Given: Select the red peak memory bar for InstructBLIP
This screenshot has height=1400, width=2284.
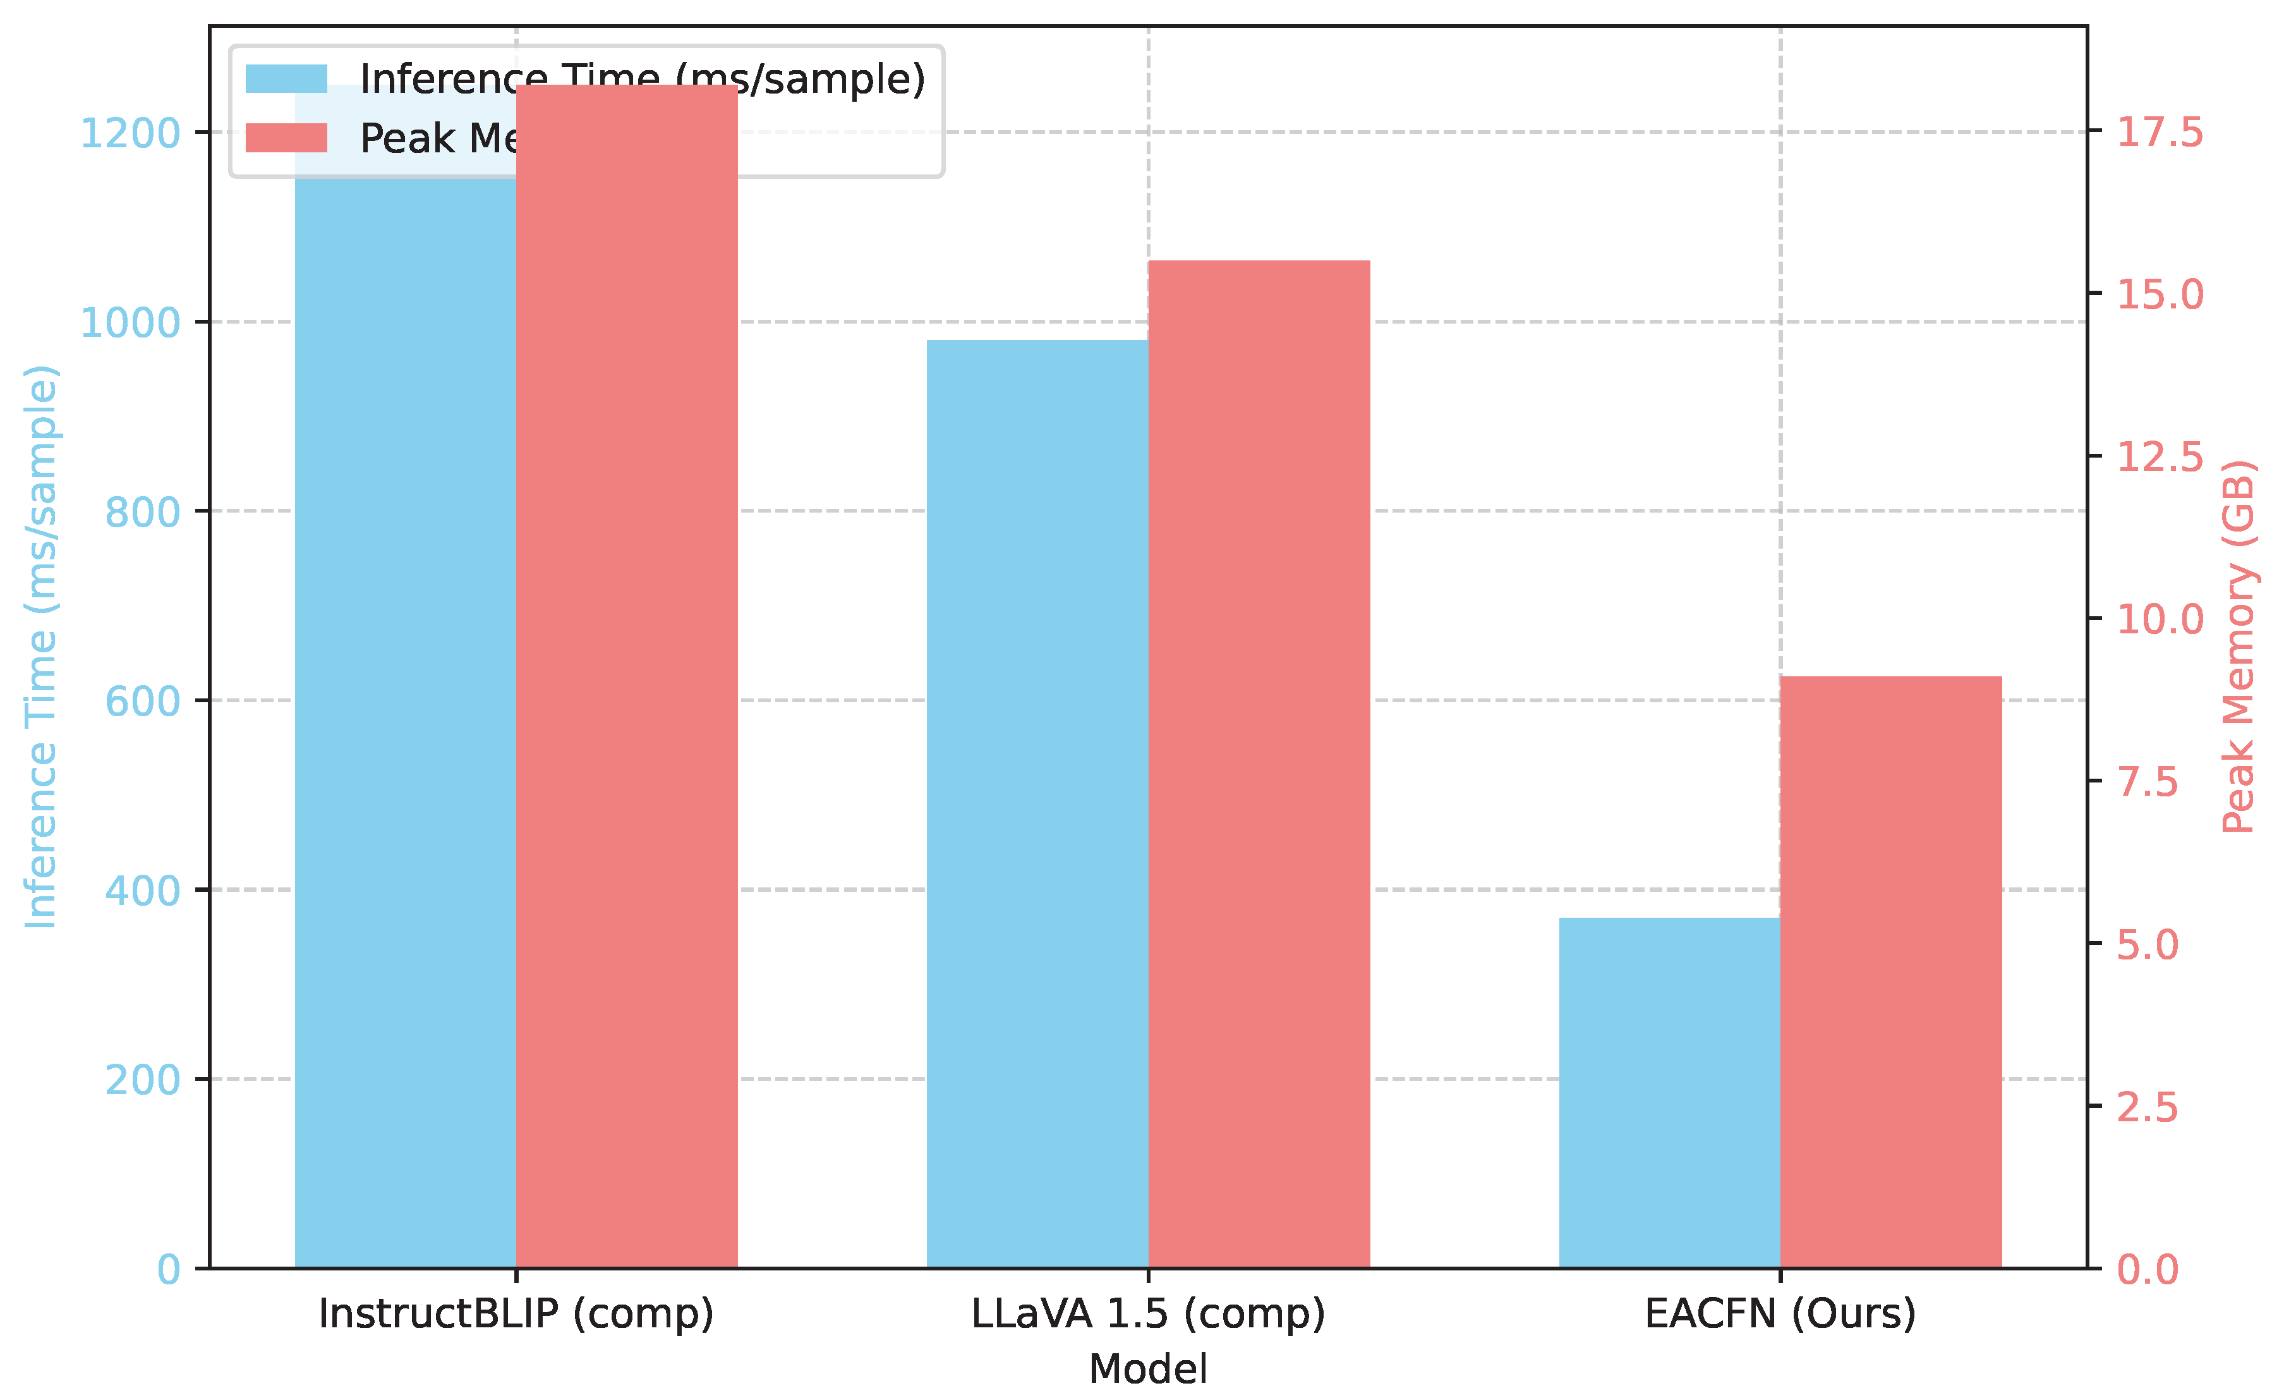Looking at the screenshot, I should point(627,677).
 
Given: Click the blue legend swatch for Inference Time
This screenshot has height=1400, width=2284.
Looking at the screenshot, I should point(286,79).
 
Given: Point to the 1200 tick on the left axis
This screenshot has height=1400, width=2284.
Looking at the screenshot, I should point(130,133).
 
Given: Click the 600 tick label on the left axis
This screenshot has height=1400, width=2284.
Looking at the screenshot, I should point(142,701).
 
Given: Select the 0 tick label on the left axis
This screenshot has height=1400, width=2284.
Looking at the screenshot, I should point(169,1269).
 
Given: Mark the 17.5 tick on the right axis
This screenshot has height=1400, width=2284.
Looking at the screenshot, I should point(2160,133).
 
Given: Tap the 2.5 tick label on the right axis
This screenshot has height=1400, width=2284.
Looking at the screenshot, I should point(2148,1107).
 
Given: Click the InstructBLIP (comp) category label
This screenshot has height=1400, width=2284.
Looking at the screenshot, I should point(516,1314).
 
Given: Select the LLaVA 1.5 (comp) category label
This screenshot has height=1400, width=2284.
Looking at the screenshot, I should point(1149,1314).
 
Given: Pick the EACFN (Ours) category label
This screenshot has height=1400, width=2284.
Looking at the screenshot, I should point(1780,1314).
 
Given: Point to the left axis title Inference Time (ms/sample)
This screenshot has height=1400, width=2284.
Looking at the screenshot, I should point(42,646).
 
